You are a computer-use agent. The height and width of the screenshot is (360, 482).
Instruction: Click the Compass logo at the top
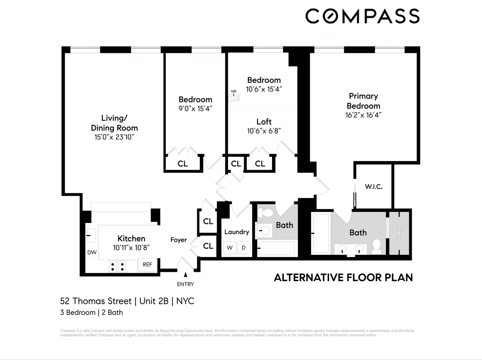(x=362, y=16)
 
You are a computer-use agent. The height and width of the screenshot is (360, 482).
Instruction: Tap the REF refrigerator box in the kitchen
(x=147, y=265)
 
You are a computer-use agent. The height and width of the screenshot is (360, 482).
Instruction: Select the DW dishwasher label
(x=92, y=252)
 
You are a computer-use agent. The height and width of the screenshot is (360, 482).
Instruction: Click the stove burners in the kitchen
(x=118, y=266)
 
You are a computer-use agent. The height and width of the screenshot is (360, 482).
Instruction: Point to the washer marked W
(x=230, y=248)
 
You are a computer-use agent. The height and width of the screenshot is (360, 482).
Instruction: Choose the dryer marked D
(x=244, y=248)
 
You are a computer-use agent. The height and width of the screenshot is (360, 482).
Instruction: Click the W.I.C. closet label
(x=373, y=186)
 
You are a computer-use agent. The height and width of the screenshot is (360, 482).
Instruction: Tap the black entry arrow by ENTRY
(x=186, y=275)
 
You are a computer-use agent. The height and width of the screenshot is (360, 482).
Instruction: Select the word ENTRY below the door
(x=185, y=284)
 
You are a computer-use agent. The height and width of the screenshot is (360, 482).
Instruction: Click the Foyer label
(x=178, y=240)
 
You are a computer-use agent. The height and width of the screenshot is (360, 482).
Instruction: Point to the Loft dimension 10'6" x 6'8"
(x=264, y=131)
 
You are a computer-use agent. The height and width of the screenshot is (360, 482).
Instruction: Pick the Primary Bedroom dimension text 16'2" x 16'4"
(x=363, y=115)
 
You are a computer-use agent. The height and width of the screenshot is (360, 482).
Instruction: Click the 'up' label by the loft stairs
(x=233, y=91)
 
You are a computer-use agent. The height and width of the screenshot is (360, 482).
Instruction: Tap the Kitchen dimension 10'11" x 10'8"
(x=131, y=248)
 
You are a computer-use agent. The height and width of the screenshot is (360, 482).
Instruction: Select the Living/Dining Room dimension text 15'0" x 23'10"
(x=114, y=137)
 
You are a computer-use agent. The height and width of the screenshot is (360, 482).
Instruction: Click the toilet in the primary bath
(x=376, y=247)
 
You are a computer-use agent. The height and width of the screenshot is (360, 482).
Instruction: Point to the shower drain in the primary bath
(x=399, y=233)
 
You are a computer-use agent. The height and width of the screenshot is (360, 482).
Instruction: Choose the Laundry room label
(x=237, y=232)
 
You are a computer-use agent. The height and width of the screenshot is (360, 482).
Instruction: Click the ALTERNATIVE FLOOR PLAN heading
(x=344, y=278)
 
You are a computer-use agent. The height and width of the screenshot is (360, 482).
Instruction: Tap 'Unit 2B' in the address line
(x=154, y=301)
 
